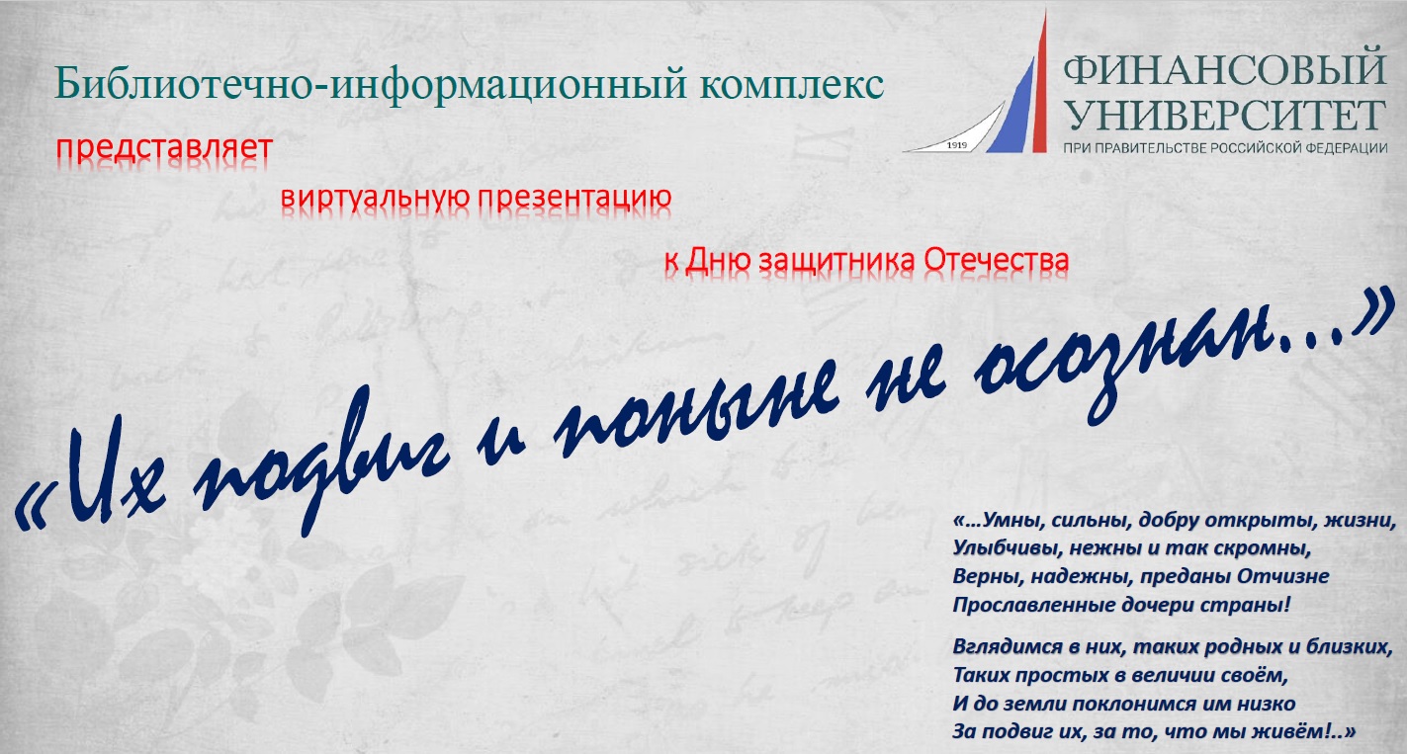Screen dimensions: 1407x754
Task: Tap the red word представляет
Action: (164, 149)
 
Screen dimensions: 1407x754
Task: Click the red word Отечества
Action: (996, 260)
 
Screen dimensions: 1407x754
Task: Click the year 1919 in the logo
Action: (957, 145)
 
